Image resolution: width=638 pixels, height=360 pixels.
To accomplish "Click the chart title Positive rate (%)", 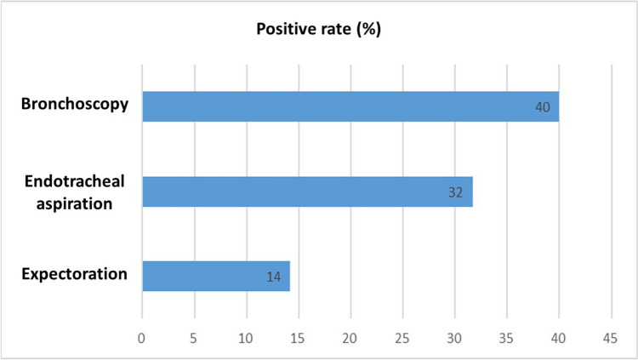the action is click(x=319, y=29).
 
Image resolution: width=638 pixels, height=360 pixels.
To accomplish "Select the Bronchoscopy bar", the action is click(x=350, y=106).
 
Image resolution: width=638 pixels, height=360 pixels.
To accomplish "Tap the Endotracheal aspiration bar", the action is click(x=308, y=191).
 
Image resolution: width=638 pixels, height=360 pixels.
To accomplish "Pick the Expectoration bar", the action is click(x=216, y=276).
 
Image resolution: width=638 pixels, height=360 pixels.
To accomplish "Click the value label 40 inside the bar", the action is click(x=543, y=107).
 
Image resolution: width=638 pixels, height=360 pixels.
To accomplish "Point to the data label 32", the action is click(x=455, y=192).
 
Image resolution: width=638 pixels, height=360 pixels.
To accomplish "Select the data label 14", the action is click(x=273, y=277).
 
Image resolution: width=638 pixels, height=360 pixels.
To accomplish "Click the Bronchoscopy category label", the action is click(x=75, y=104).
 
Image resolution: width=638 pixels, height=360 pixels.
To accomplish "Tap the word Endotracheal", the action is click(x=75, y=181).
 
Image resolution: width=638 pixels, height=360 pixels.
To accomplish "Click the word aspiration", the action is click(x=75, y=203).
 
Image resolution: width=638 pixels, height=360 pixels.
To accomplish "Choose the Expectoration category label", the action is click(x=75, y=274).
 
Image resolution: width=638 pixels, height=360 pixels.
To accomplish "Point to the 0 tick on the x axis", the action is click(x=141, y=338).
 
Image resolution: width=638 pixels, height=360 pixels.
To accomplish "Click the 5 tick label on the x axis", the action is click(x=193, y=338).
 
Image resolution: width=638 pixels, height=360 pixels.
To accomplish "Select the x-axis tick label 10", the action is click(x=246, y=338).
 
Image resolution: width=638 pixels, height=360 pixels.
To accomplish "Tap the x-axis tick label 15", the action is click(x=298, y=338).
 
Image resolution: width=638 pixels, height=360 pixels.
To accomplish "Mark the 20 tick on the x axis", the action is click(x=350, y=338).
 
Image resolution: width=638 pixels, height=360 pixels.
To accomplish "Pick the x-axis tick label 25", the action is click(x=402, y=338).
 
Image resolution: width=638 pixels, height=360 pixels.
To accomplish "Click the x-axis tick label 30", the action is click(x=454, y=338).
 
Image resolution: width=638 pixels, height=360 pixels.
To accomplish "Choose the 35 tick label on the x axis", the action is click(x=506, y=338).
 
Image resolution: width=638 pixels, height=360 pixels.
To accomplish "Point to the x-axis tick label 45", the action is click(x=610, y=338).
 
